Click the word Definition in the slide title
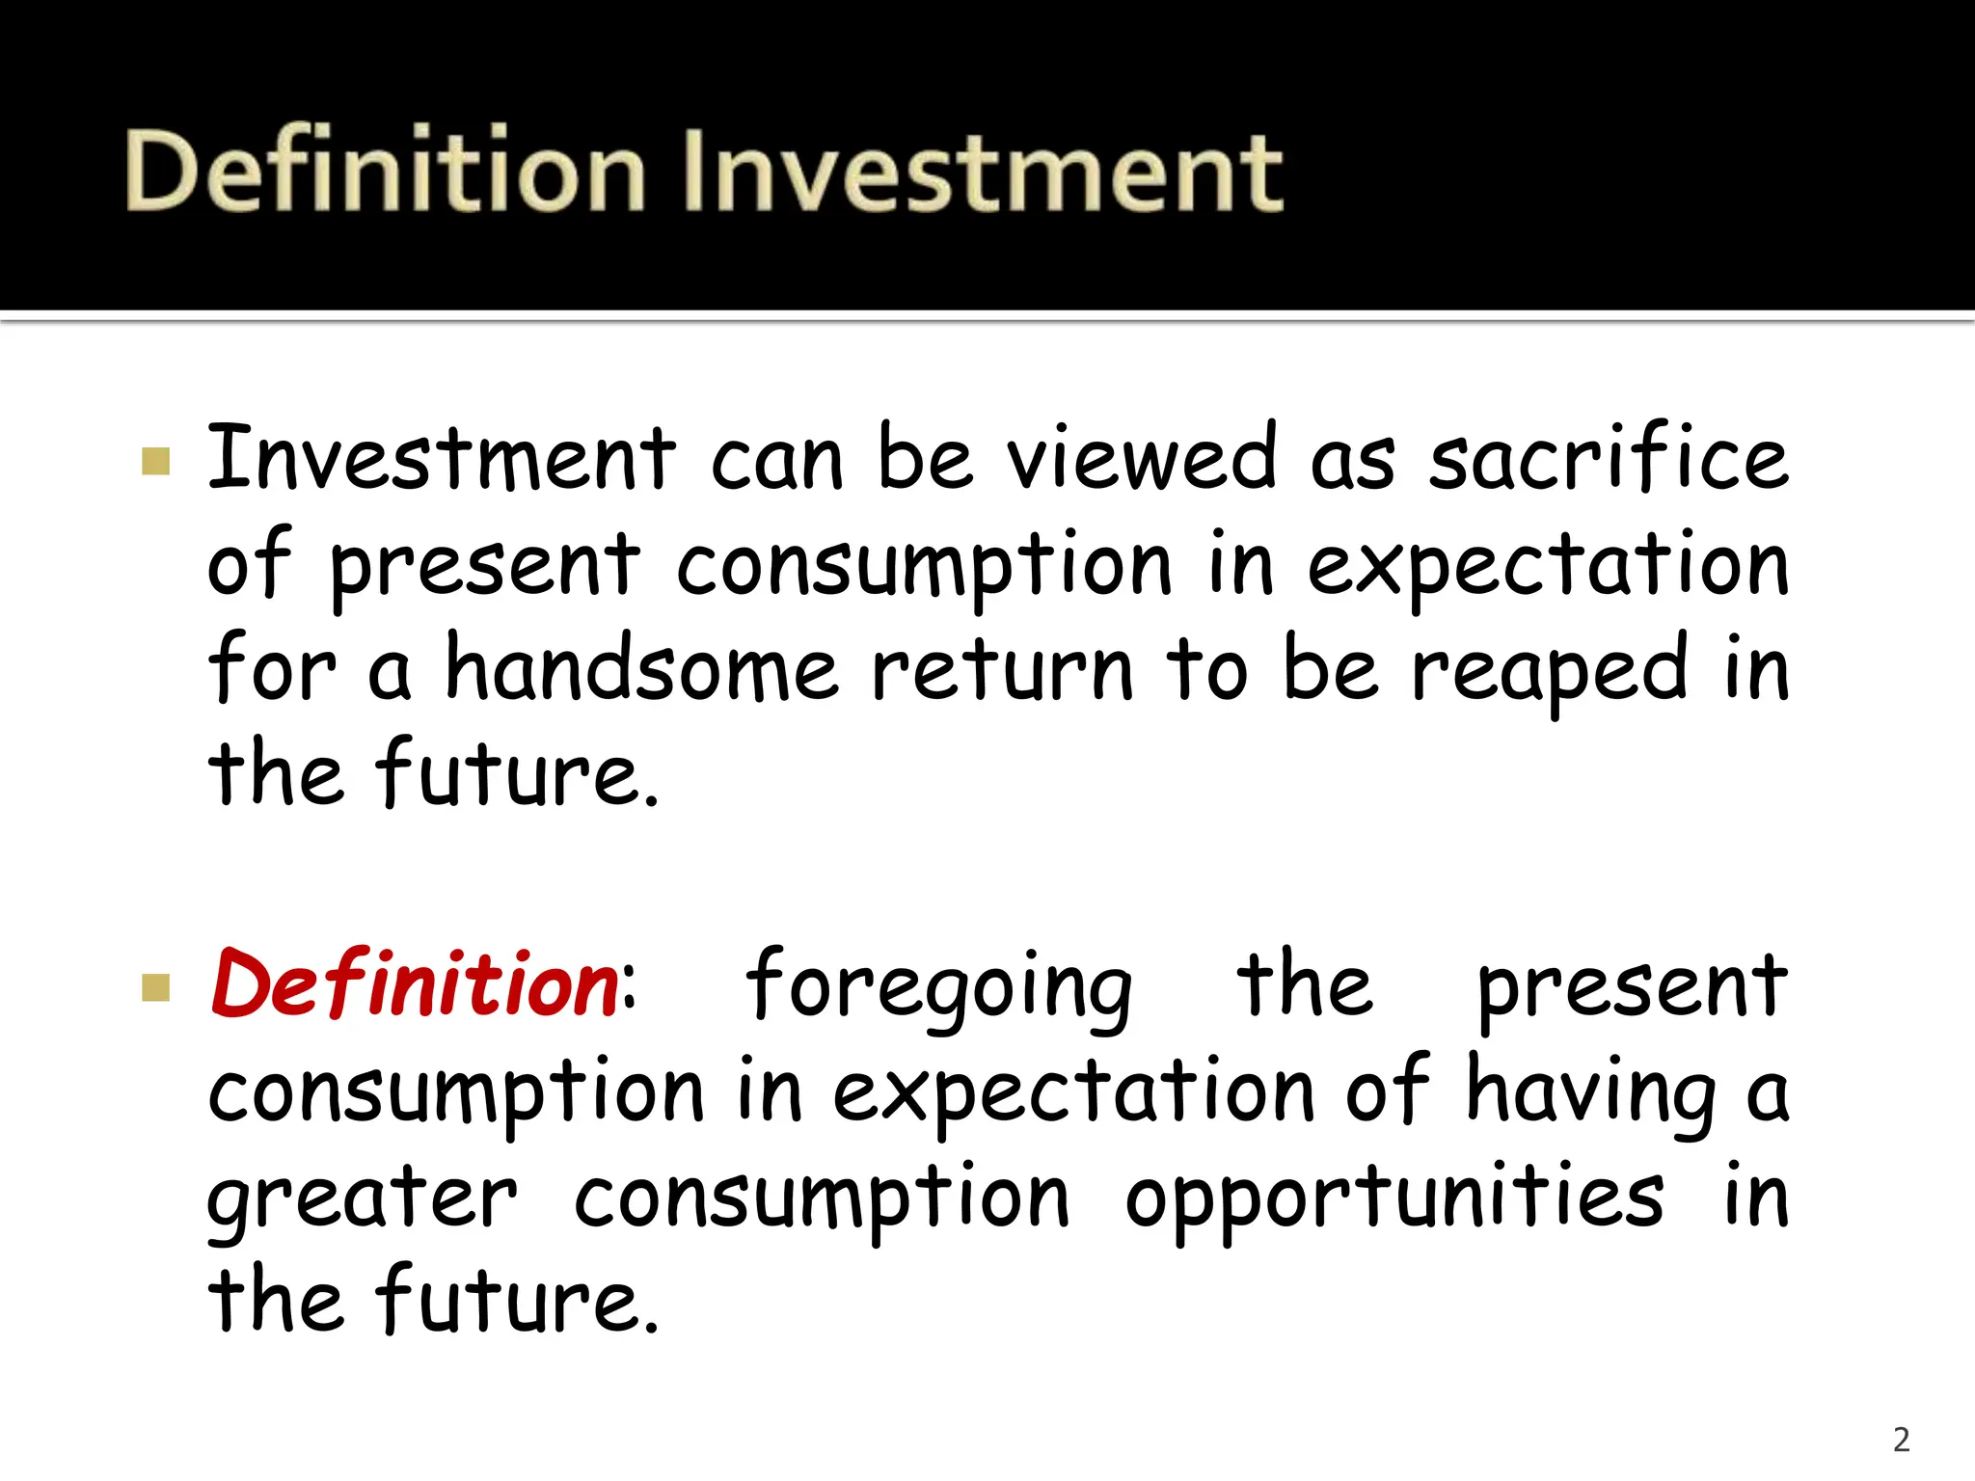tap(384, 172)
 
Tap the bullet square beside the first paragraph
tap(155, 461)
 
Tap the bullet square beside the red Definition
tap(155, 987)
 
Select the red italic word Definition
tap(415, 985)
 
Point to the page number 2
tap(1901, 1440)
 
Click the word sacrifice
tap(1608, 458)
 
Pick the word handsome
tap(641, 669)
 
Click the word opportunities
tap(1393, 1199)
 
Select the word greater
tap(363, 1199)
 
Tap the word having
tap(1592, 1093)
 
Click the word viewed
tap(1142, 458)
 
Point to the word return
tap(1002, 669)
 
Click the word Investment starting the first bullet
tap(442, 458)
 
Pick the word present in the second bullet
tap(1632, 987)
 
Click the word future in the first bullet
tap(518, 773)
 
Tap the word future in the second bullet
tap(518, 1302)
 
